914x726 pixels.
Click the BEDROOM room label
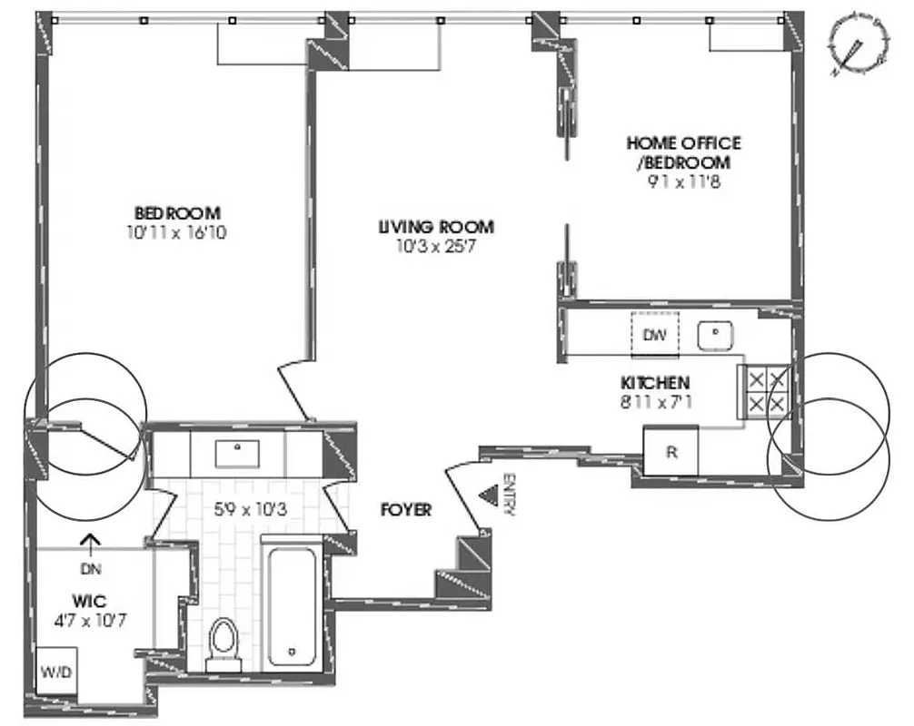coord(177,213)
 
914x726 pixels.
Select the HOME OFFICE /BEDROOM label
coord(683,152)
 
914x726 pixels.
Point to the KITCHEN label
coord(655,383)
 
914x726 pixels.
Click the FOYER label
coord(405,511)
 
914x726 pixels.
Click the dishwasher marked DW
coord(654,335)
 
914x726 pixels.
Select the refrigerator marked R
coord(671,451)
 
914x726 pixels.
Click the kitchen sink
coord(716,335)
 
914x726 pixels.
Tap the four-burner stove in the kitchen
coord(765,390)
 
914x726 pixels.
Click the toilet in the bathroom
coord(221,643)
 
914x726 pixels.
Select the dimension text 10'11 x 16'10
coord(177,231)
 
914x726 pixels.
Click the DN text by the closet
coord(89,570)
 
